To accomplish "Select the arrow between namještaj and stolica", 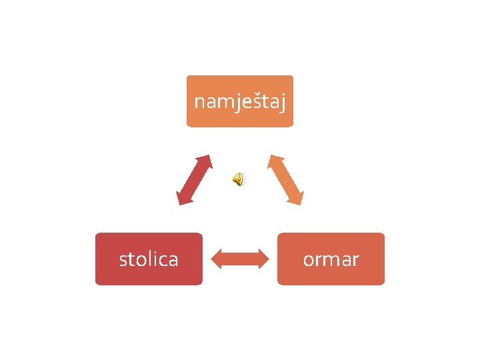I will point(194,180).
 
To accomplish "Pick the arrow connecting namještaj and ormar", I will point(286,180).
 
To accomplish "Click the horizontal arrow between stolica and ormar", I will point(239,259).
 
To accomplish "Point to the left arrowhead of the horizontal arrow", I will point(216,259).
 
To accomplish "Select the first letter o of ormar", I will point(309,259).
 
